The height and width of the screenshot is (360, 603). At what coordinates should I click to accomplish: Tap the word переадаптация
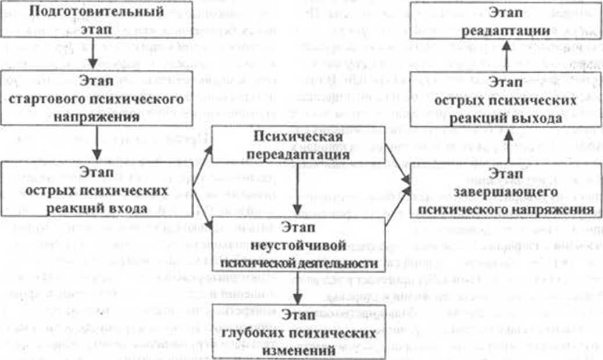coord(301,155)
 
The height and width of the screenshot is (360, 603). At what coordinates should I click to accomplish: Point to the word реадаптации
coord(504,33)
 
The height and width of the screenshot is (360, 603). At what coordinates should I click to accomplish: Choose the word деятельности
coord(345,263)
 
